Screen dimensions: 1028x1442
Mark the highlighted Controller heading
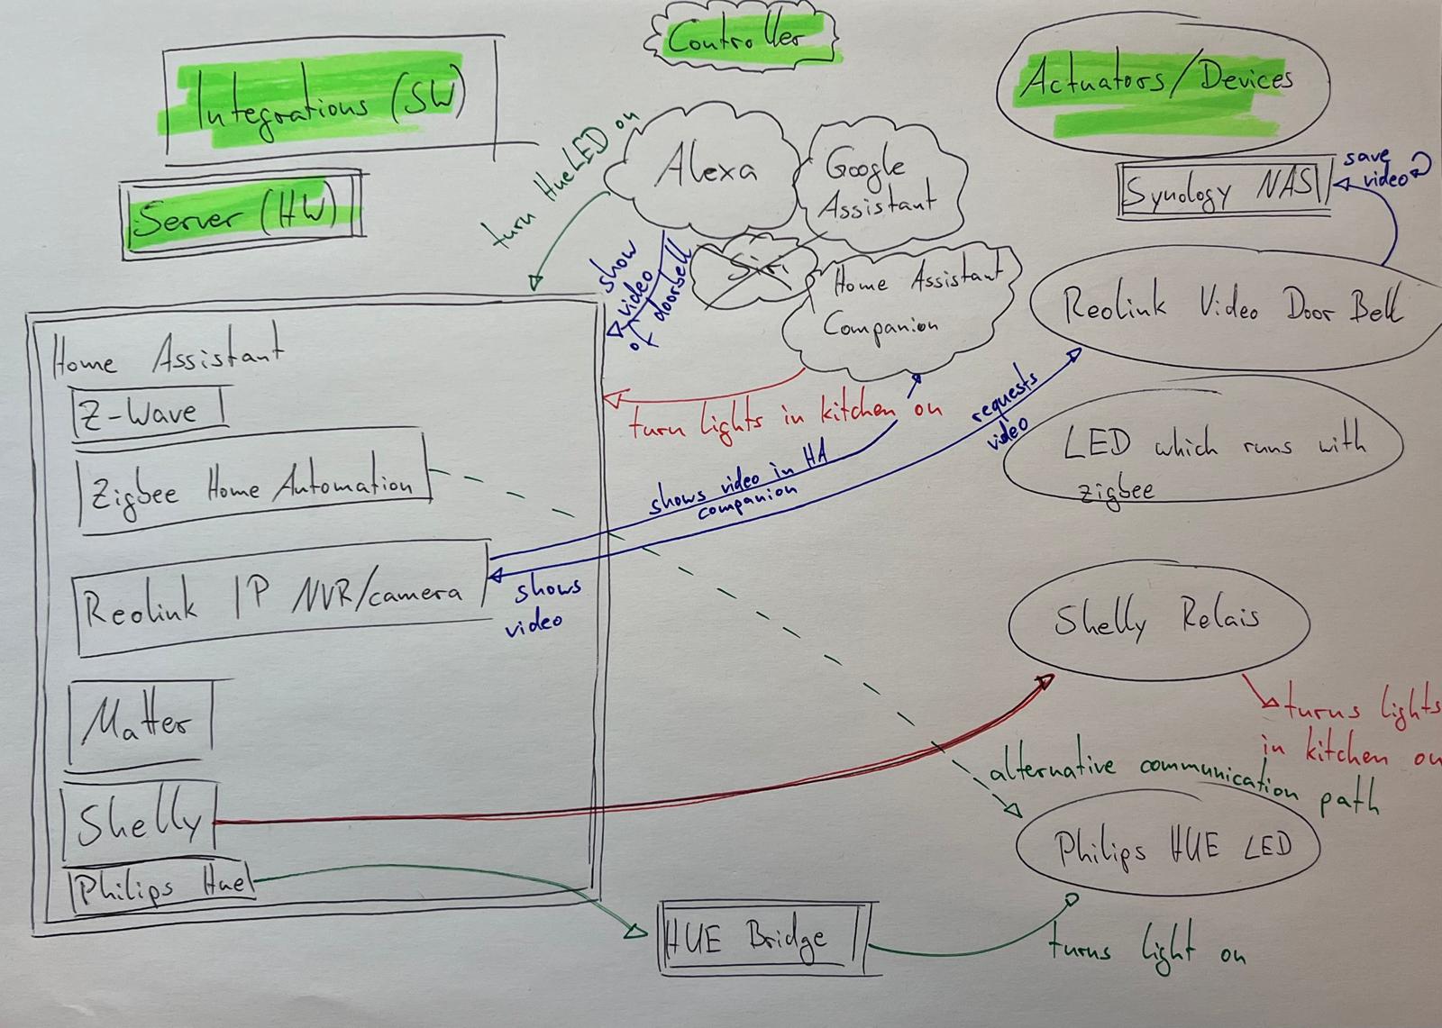click(735, 37)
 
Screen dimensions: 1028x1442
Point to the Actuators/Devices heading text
click(1158, 80)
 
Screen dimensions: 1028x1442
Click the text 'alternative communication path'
click(1181, 780)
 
